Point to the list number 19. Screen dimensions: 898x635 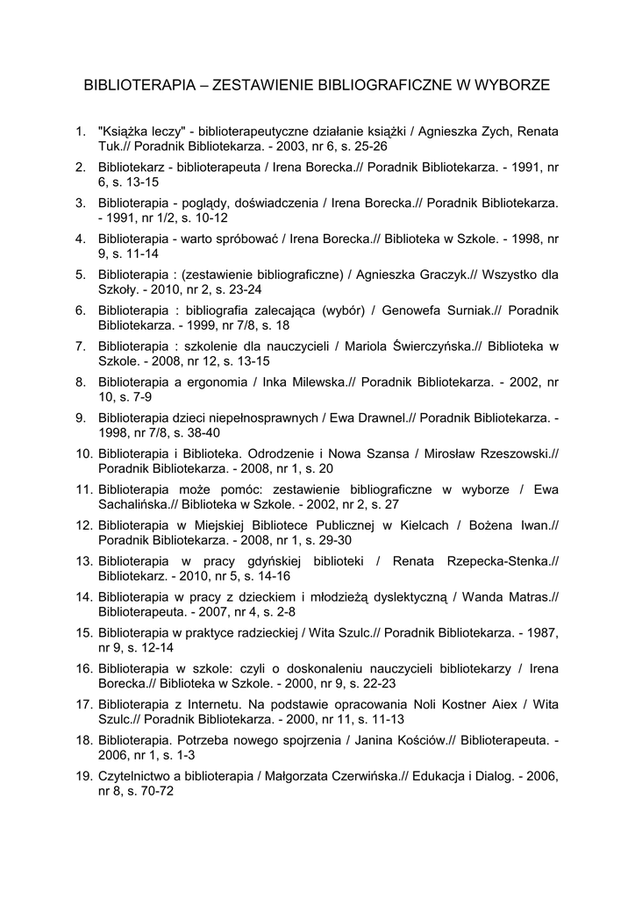coord(83,776)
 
